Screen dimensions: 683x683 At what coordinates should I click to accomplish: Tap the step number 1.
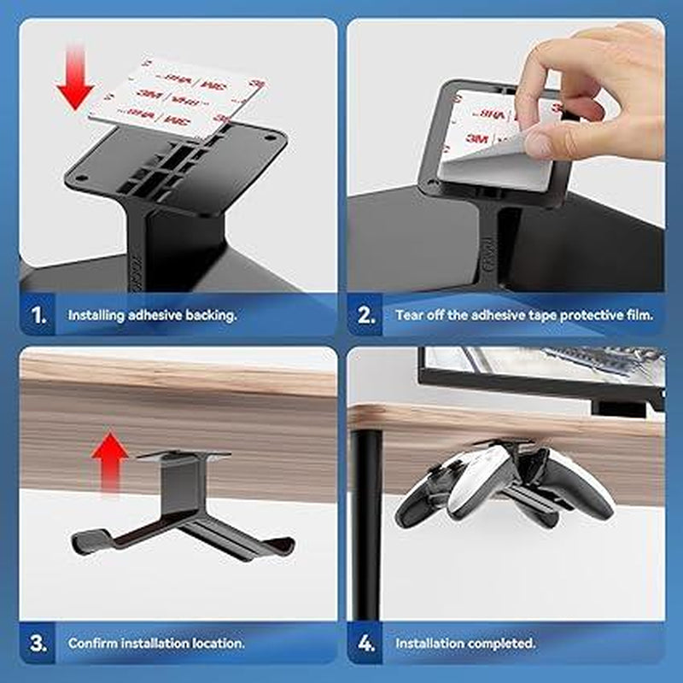(39, 315)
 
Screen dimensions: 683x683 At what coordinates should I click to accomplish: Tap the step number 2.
(366, 315)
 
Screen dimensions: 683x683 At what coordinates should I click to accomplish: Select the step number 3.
(39, 642)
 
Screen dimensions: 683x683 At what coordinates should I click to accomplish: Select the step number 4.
(366, 642)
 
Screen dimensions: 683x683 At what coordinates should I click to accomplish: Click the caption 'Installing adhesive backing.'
(153, 315)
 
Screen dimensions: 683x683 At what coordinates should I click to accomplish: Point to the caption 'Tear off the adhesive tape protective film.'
(524, 315)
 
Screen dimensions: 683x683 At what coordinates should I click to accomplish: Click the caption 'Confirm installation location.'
(156, 642)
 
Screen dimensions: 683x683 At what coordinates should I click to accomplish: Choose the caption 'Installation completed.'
(465, 642)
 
